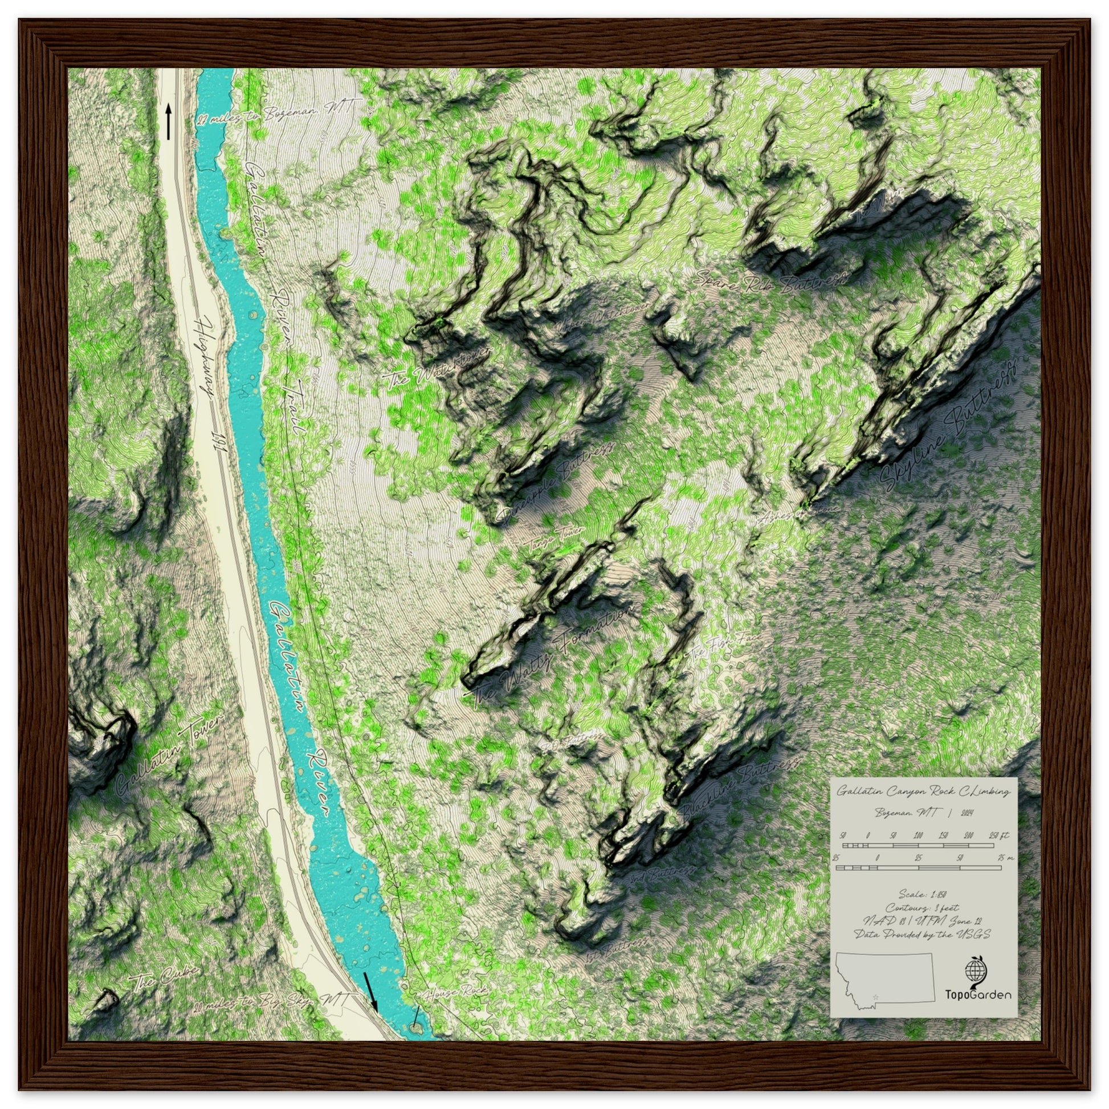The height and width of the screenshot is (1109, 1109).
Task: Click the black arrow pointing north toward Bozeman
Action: [x=168, y=121]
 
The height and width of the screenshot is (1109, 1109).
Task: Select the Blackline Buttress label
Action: [x=740, y=786]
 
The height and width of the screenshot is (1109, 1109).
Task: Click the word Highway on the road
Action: [x=205, y=356]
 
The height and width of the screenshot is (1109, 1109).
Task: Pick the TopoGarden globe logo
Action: [x=976, y=970]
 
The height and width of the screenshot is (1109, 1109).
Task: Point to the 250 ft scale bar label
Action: [x=1000, y=835]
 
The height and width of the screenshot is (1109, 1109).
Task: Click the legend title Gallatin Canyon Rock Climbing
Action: [x=923, y=792]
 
